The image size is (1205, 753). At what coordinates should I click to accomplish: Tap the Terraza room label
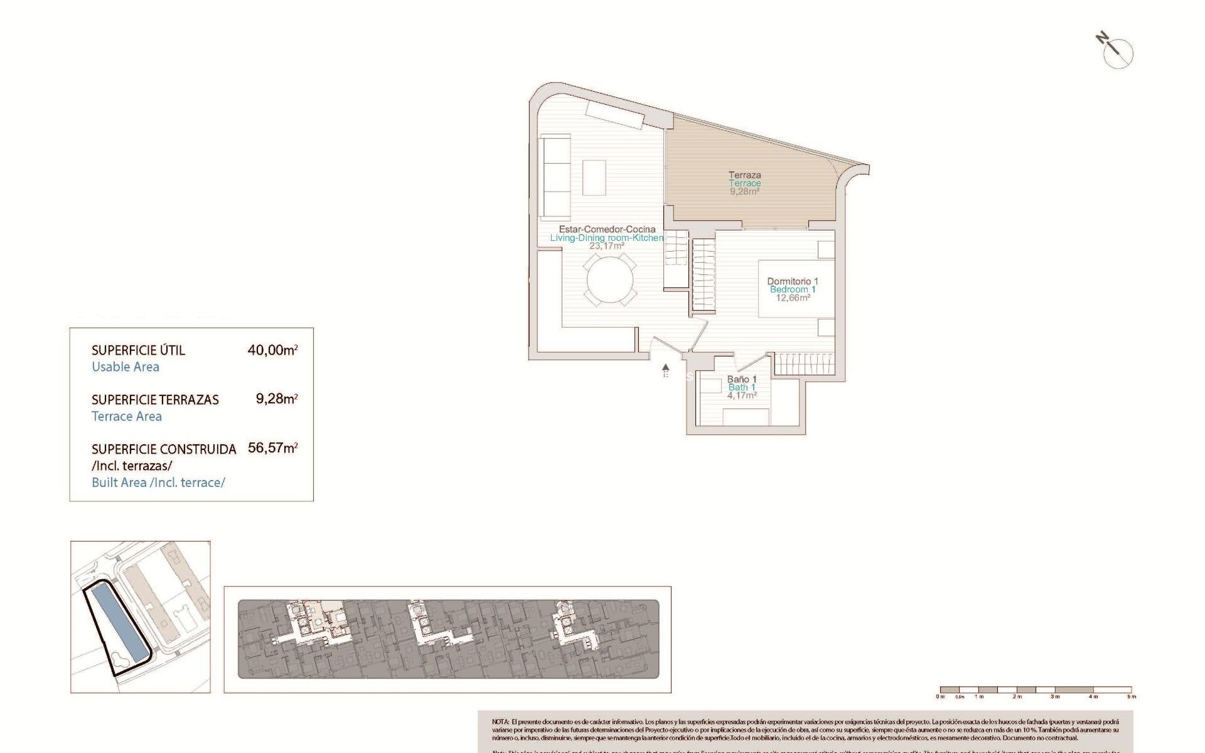745,175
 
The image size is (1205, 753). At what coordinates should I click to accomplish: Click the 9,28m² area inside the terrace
745,191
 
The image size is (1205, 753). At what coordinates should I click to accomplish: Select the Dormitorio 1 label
793,281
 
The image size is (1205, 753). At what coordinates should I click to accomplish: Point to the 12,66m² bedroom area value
793,297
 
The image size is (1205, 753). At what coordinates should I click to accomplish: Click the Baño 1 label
742,379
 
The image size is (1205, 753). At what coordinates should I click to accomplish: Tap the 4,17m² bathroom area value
742,395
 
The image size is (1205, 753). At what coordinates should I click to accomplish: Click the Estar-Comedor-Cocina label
607,229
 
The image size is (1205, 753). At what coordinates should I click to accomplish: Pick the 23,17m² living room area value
606,246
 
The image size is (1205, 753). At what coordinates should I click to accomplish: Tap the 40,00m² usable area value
272,350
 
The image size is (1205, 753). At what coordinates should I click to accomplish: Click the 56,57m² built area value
272,448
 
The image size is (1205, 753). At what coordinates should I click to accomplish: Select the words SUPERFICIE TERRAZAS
155,400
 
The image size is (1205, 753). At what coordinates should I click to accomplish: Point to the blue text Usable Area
126,367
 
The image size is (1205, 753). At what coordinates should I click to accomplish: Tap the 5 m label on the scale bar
1132,697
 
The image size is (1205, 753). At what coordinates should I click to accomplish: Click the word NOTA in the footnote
500,722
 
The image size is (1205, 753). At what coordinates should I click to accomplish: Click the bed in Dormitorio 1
796,289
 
